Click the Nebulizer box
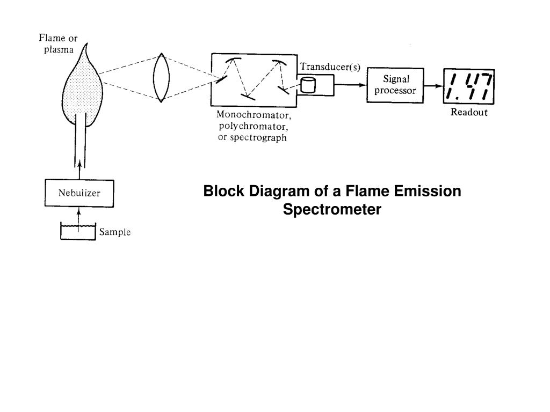79,194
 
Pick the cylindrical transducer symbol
308,85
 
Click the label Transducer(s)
330,67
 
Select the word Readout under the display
469,113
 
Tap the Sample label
115,232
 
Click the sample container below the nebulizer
78,233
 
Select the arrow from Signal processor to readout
433,86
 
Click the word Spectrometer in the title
332,209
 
